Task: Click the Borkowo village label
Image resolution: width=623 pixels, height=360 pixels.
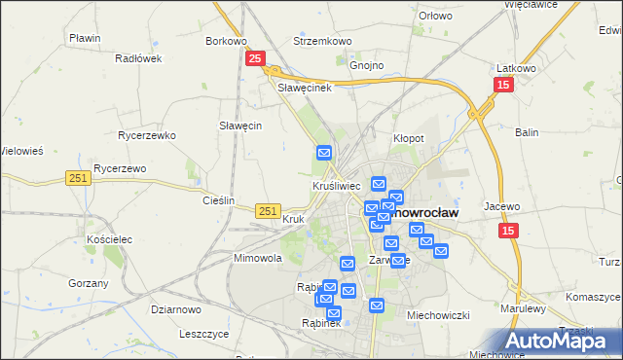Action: click(x=226, y=42)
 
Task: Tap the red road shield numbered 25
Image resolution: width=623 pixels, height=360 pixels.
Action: click(x=254, y=60)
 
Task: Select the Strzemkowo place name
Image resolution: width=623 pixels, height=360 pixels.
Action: click(x=322, y=42)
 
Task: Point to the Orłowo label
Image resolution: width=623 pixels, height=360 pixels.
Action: click(x=435, y=16)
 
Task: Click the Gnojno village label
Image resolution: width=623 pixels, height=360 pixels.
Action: click(x=367, y=66)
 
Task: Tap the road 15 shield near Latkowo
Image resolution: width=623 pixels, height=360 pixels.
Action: click(x=502, y=86)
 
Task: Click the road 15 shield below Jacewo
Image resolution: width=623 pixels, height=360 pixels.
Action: click(x=509, y=231)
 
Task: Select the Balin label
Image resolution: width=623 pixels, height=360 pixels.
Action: click(x=527, y=131)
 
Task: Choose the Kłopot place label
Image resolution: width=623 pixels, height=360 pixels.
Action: click(x=408, y=138)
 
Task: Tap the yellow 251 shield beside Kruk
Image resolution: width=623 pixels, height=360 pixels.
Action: click(x=269, y=210)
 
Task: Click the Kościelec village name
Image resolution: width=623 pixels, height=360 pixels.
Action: click(x=109, y=238)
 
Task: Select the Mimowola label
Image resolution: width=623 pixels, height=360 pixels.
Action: click(x=257, y=259)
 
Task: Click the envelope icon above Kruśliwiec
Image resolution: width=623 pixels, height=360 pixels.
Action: click(x=324, y=153)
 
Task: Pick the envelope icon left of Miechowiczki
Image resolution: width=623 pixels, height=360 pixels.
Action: click(x=378, y=306)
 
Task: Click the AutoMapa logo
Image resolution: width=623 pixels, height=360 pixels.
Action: click(x=562, y=341)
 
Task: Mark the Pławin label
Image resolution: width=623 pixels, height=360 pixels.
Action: click(x=86, y=38)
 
